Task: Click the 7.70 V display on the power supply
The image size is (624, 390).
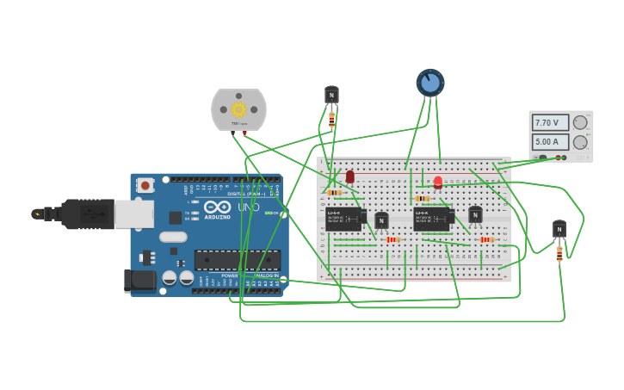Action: point(550,123)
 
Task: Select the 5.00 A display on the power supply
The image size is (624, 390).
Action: point(550,142)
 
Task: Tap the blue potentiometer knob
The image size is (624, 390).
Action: point(430,83)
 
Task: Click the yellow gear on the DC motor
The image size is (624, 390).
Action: point(238,109)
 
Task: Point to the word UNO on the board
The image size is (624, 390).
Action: point(249,207)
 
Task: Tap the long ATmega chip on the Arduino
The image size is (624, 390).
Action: point(237,259)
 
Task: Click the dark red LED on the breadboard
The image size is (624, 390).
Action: point(349,176)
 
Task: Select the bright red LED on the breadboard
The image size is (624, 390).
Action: point(438,182)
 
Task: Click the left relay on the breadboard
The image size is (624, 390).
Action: point(343,220)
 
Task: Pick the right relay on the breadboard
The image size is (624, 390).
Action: point(432,219)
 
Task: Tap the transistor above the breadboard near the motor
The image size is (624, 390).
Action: point(331,95)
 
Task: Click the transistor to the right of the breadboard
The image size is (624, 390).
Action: point(559,229)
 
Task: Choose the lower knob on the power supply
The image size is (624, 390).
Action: point(581,142)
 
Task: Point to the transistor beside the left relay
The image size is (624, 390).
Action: point(381,220)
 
